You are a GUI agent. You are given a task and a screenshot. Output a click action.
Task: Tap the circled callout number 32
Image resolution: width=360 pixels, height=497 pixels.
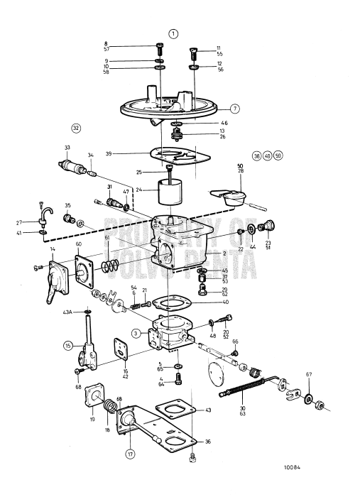[76, 128]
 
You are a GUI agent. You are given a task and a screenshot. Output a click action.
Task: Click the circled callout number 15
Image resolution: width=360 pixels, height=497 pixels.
[68, 346]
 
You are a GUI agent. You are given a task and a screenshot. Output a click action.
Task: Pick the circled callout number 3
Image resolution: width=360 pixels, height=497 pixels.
[135, 333]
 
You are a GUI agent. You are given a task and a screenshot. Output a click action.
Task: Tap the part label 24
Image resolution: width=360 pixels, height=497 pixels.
[140, 190]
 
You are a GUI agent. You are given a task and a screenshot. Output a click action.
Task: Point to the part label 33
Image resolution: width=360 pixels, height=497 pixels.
[67, 148]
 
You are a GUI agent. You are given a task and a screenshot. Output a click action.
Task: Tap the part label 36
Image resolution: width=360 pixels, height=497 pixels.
[208, 442]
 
